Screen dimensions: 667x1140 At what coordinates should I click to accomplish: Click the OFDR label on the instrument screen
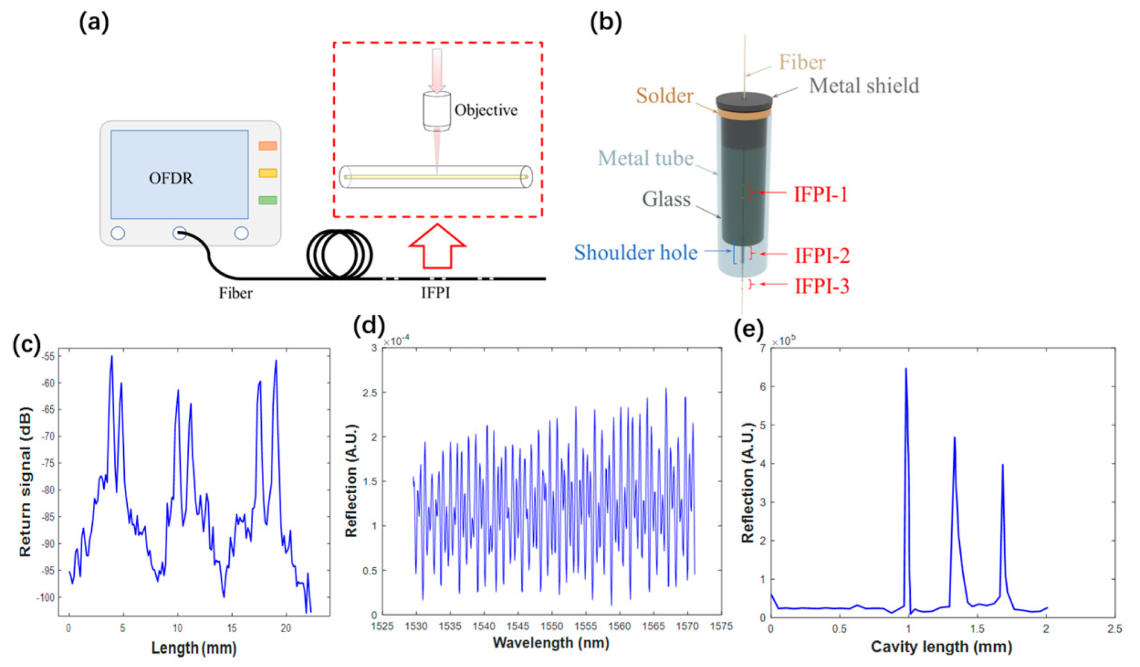[x=171, y=178]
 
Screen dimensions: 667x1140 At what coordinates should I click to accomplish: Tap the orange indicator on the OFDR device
[x=267, y=146]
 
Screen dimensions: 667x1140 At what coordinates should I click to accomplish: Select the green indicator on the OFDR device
[x=267, y=200]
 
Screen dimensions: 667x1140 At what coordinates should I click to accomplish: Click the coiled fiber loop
[x=339, y=254]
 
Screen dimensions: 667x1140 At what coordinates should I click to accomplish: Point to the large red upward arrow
[x=437, y=246]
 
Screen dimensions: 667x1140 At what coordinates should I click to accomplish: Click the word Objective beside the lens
[x=486, y=110]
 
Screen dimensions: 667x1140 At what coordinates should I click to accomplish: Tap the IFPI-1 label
[x=821, y=194]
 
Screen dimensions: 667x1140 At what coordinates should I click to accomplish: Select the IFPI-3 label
[x=822, y=286]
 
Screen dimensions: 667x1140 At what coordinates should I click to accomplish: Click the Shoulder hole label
[x=635, y=253]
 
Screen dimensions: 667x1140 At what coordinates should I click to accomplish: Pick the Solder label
[x=664, y=96]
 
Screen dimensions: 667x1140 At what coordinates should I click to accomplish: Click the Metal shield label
[x=864, y=86]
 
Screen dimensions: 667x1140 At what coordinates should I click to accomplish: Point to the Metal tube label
[x=646, y=158]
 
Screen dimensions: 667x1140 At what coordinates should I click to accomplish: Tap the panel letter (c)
[x=26, y=344]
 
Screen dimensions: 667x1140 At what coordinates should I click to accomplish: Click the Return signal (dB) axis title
[x=25, y=481]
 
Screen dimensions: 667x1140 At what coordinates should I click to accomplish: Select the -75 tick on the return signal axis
[x=48, y=463]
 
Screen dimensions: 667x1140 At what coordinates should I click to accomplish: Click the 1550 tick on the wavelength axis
[x=551, y=626]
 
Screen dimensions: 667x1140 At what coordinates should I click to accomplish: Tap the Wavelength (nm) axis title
[x=551, y=643]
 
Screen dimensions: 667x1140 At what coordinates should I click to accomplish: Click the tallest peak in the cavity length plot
[x=906, y=369]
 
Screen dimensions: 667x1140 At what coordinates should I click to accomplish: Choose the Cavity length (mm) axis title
[x=942, y=646]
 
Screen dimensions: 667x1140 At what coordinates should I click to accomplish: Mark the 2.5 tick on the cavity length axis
[x=1114, y=629]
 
